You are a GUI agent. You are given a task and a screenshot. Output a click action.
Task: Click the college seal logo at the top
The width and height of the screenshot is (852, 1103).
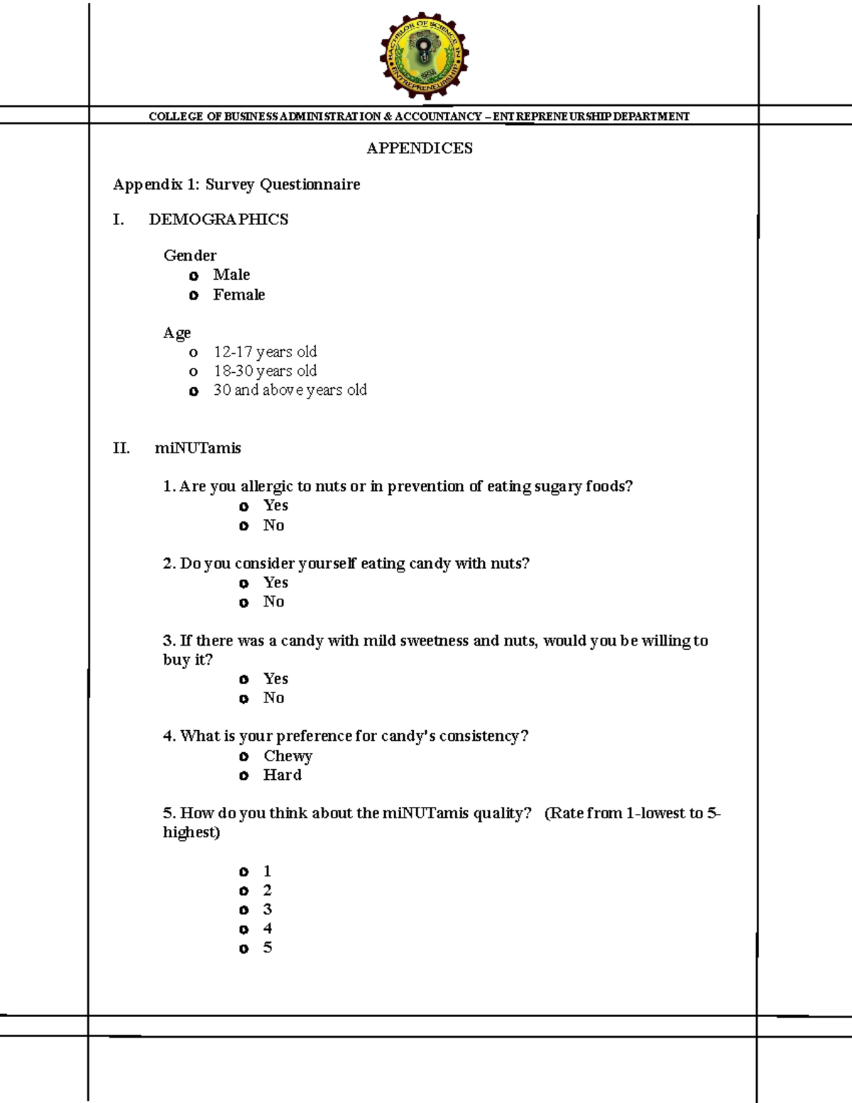click(x=424, y=55)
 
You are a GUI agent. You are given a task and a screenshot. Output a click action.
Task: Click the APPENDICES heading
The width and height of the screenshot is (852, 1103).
click(x=420, y=148)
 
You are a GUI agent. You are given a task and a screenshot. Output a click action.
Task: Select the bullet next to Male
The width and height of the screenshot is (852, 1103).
click(x=194, y=276)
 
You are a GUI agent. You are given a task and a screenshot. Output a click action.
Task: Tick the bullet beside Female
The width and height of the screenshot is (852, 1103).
click(x=194, y=295)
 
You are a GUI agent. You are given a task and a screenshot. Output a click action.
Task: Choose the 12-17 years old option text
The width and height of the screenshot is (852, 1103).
click(x=265, y=352)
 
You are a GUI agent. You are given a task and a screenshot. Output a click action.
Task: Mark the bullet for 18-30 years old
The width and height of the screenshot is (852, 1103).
click(x=193, y=371)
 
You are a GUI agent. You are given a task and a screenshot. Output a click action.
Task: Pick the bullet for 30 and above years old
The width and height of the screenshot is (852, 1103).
click(x=194, y=391)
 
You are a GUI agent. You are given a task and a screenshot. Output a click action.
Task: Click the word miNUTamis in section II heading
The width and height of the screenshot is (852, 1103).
click(x=198, y=448)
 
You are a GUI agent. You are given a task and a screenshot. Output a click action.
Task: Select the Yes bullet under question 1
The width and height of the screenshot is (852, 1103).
click(x=244, y=506)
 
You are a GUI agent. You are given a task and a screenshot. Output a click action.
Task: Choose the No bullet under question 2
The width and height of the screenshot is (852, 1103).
click(x=244, y=603)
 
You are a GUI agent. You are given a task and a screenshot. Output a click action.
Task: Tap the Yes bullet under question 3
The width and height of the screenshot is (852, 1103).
click(x=244, y=680)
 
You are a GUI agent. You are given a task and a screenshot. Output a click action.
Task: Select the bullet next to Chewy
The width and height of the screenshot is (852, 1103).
click(x=244, y=757)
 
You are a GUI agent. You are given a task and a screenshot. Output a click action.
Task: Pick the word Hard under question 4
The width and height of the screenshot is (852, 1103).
click(x=283, y=775)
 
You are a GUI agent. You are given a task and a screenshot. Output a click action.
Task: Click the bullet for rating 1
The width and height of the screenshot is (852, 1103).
click(x=244, y=872)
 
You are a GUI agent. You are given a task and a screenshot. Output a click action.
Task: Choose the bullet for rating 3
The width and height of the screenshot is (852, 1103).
click(x=244, y=911)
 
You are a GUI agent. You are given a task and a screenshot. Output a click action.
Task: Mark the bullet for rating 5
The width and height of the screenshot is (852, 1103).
click(x=244, y=949)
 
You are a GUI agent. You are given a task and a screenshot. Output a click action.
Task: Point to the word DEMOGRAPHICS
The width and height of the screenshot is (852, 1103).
click(x=219, y=219)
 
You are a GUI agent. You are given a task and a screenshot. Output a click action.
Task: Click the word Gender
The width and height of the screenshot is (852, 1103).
click(x=190, y=256)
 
